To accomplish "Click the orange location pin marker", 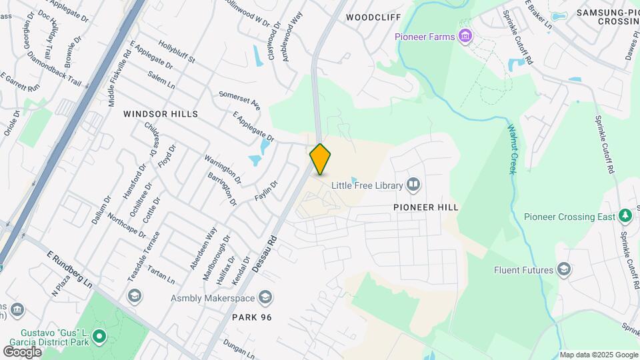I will point(321,159).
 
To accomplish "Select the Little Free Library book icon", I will point(413,184).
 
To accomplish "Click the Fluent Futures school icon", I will point(564,269).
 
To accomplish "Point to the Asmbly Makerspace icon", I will point(266,297).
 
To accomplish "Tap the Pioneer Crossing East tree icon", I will point(625,216).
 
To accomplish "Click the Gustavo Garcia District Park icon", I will point(99,337).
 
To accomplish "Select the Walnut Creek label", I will point(512,149).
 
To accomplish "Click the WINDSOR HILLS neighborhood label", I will point(161,114).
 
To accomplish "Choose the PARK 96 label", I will point(252,317).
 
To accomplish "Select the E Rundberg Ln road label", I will point(70,269).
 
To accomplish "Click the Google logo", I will point(22,351).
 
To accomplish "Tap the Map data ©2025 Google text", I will point(598,355).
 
